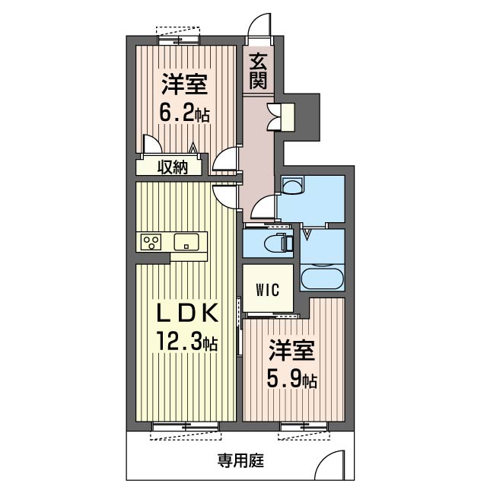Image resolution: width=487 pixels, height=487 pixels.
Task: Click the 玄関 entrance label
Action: (x=258, y=71)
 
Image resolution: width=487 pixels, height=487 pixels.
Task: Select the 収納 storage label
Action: (x=173, y=167)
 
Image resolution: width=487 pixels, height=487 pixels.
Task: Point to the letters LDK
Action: (x=186, y=314)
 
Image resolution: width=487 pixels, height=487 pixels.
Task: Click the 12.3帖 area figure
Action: (x=187, y=341)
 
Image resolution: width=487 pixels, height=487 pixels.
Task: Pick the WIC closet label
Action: (x=268, y=289)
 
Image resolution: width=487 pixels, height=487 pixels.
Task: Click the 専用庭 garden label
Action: (x=240, y=460)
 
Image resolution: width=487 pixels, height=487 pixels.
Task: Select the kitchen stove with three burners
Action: (x=151, y=242)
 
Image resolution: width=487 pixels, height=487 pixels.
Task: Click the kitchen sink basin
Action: (x=186, y=242)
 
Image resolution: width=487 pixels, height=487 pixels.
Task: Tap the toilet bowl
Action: (x=279, y=243)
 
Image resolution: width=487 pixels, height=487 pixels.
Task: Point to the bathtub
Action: (x=323, y=279)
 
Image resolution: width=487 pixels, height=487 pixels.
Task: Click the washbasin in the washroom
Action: (x=292, y=186)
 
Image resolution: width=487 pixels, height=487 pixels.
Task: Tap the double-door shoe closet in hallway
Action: (x=281, y=117)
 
